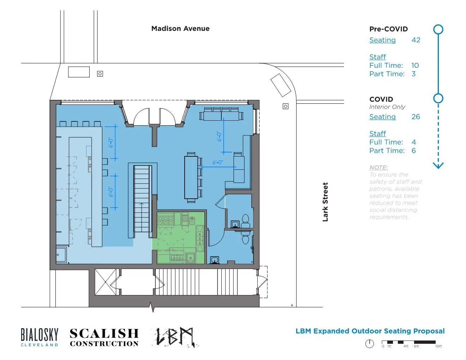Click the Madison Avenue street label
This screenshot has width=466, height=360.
[180, 29]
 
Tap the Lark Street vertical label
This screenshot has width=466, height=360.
[325, 202]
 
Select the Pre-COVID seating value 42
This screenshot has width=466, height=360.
[416, 40]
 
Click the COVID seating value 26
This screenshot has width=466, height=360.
[416, 117]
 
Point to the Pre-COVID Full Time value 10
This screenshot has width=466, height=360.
[415, 66]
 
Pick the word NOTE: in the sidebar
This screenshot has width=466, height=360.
[378, 168]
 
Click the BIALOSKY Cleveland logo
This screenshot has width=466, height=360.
[40, 337]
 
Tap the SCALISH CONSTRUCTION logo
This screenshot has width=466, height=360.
[104, 337]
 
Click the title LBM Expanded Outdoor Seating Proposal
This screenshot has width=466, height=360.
[370, 331]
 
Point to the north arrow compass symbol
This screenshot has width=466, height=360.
[369, 343]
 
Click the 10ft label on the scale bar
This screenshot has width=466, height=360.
[438, 347]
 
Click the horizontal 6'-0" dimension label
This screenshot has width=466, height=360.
[217, 163]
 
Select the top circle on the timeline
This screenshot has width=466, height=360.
[438, 29]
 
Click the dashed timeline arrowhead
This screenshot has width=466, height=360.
[438, 165]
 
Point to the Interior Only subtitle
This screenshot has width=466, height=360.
[387, 107]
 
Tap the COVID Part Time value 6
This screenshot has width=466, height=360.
[413, 151]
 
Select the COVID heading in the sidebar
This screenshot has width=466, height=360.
[381, 99]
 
